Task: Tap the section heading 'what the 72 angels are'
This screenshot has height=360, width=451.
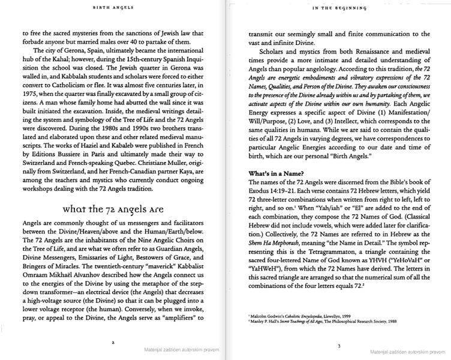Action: pos(113,209)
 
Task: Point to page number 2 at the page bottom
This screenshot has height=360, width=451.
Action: pos(113,343)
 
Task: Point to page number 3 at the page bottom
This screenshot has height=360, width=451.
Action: pos(339,346)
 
